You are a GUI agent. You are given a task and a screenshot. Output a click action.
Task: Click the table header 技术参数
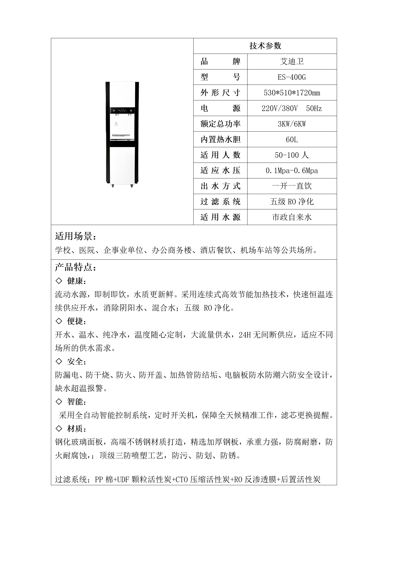pos(265,46)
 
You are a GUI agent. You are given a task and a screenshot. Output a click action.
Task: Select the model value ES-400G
pos(292,77)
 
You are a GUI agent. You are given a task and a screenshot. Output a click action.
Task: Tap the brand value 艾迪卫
pos(292,61)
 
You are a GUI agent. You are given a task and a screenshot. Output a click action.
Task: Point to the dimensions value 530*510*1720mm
pos(292,93)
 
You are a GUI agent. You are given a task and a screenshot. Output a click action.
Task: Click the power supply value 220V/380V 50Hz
pos(292,108)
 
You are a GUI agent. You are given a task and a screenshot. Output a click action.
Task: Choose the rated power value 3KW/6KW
pos(292,124)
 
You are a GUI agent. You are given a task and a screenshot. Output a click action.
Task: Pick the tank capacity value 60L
pos(292,140)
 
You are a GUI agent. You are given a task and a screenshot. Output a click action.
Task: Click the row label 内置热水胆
pos(220,140)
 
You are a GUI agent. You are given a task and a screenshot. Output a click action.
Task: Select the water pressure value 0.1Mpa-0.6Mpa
pos(292,171)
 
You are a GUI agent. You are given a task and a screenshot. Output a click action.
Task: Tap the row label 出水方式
pos(220,186)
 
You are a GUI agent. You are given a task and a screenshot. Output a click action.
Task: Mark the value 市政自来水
pos(292,217)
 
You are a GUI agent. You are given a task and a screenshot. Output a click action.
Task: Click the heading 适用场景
pos(75,236)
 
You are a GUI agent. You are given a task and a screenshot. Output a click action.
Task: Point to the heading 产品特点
pos(75,267)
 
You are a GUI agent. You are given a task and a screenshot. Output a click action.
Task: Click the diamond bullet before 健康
pos(59,281)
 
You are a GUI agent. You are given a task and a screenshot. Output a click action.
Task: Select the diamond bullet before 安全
pos(59,361)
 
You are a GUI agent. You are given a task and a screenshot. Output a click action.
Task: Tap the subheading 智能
pos(76,402)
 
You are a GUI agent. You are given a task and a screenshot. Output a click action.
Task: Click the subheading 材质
pos(76,429)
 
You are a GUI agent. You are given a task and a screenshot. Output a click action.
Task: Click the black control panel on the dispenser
pos(122,110)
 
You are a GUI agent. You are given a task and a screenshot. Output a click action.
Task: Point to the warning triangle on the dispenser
pos(116,124)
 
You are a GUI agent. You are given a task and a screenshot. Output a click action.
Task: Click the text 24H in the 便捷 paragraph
pos(244,335)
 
